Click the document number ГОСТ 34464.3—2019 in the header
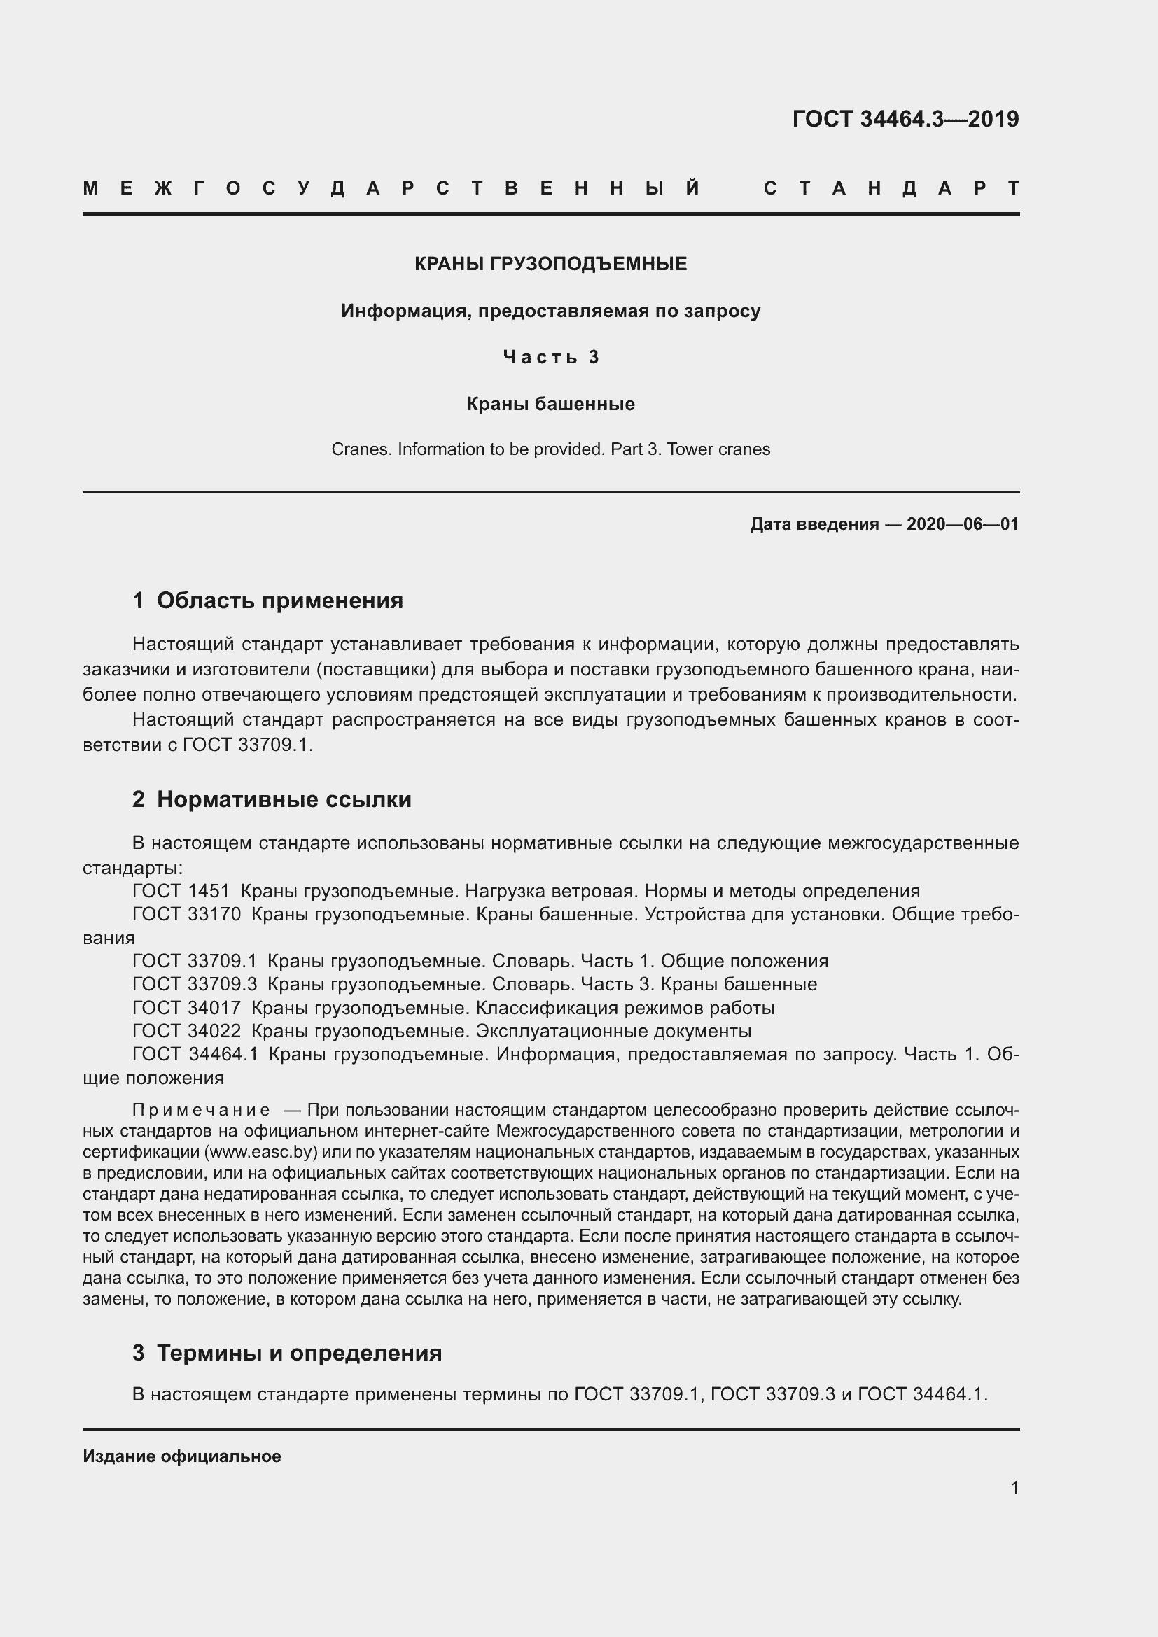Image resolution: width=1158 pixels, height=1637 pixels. click(x=905, y=119)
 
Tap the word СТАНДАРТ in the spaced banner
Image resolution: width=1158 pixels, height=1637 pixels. click(x=891, y=189)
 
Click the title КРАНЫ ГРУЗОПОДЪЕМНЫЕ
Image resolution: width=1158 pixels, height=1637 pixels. click(x=550, y=264)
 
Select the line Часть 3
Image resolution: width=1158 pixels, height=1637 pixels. click(x=550, y=356)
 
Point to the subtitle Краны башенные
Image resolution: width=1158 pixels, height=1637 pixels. click(x=550, y=405)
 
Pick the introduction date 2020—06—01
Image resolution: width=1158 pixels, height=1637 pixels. click(x=962, y=525)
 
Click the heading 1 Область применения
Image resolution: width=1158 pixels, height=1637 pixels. click(x=267, y=601)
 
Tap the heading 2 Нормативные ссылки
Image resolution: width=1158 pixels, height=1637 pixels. click(x=272, y=800)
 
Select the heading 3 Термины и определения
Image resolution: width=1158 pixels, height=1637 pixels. click(x=286, y=1354)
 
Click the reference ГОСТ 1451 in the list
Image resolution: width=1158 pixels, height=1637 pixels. click(x=181, y=891)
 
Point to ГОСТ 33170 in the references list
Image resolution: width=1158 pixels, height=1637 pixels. click(x=187, y=915)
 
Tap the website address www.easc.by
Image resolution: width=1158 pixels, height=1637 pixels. click(x=260, y=1152)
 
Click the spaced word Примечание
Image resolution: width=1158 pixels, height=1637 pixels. click(x=201, y=1111)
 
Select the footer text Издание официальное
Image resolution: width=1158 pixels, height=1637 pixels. click(x=182, y=1456)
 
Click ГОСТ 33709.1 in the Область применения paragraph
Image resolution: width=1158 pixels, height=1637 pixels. click(x=247, y=745)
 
